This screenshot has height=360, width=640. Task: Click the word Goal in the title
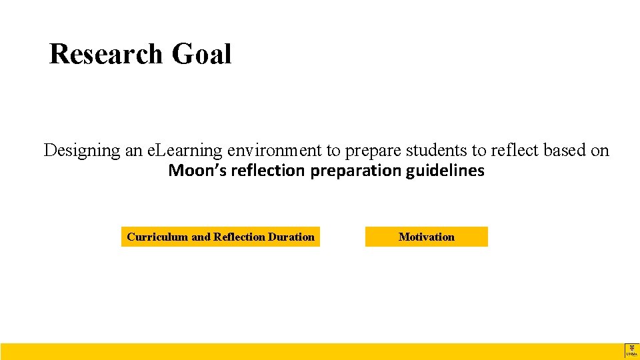point(201,54)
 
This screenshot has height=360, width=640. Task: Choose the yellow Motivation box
point(426,237)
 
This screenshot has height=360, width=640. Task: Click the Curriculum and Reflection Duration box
point(220,237)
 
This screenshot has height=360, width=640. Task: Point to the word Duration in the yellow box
point(291,237)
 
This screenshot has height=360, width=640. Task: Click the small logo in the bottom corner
point(631,351)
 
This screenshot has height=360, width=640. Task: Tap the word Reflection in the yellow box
point(239,237)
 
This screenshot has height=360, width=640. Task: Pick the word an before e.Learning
point(133,151)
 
